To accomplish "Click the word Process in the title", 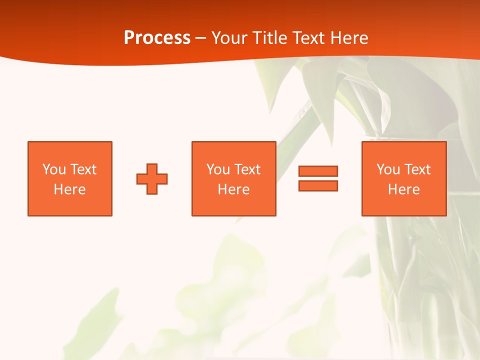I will (157, 38).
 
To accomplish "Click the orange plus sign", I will (152, 179).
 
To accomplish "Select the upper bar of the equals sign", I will (318, 171).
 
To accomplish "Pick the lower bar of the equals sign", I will (318, 185).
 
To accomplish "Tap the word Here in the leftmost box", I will (70, 189).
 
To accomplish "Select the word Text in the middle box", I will (247, 169).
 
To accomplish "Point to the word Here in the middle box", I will (234, 189).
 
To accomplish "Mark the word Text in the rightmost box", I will (417, 169).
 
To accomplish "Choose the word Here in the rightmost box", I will (404, 189).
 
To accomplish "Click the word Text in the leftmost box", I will (83, 169).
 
